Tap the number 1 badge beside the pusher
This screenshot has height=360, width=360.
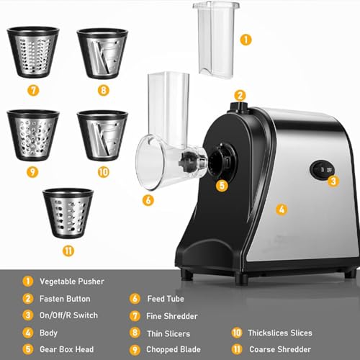(246, 39)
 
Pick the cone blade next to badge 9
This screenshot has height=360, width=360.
(32, 133)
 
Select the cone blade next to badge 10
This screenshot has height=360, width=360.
(102, 133)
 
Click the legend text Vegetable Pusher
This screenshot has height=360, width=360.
(72, 282)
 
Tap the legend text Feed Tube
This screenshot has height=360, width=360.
(166, 298)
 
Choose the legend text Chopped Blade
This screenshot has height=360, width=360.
(177, 348)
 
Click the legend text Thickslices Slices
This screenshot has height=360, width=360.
(282, 332)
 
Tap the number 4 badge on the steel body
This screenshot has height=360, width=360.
(282, 210)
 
